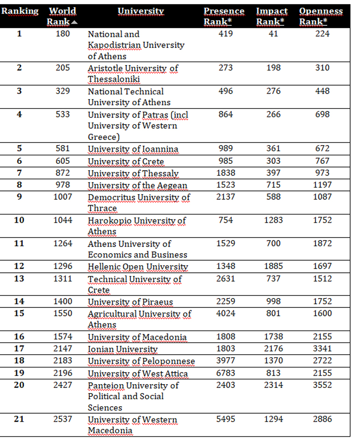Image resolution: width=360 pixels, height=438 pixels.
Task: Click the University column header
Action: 140,11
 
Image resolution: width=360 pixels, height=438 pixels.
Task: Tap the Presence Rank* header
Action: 224,16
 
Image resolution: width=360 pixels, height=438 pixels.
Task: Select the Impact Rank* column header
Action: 272,16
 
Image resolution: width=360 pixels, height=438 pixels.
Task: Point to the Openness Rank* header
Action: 321,16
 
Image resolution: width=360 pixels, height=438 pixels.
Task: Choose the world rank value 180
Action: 62,34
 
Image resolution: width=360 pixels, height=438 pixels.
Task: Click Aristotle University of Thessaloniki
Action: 132,73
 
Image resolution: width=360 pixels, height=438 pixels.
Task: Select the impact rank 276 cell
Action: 274,91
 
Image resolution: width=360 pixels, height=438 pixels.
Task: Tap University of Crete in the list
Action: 126,161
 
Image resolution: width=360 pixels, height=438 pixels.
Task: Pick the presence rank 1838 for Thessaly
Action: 226,173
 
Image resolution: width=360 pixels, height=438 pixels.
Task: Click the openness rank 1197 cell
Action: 322,185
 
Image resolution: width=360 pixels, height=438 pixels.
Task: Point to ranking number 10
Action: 19,220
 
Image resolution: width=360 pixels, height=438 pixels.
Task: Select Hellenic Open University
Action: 138,267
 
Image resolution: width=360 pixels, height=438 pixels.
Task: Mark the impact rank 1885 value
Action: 274,266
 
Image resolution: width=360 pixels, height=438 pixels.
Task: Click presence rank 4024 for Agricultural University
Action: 226,314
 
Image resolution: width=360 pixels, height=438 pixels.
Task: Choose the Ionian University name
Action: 122,349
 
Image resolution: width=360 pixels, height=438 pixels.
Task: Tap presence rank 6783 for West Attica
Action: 226,373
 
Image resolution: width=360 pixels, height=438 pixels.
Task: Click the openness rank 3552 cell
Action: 322,385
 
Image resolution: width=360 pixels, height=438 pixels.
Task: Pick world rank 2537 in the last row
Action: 62,419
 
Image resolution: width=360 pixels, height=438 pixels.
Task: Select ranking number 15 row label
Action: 19,314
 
